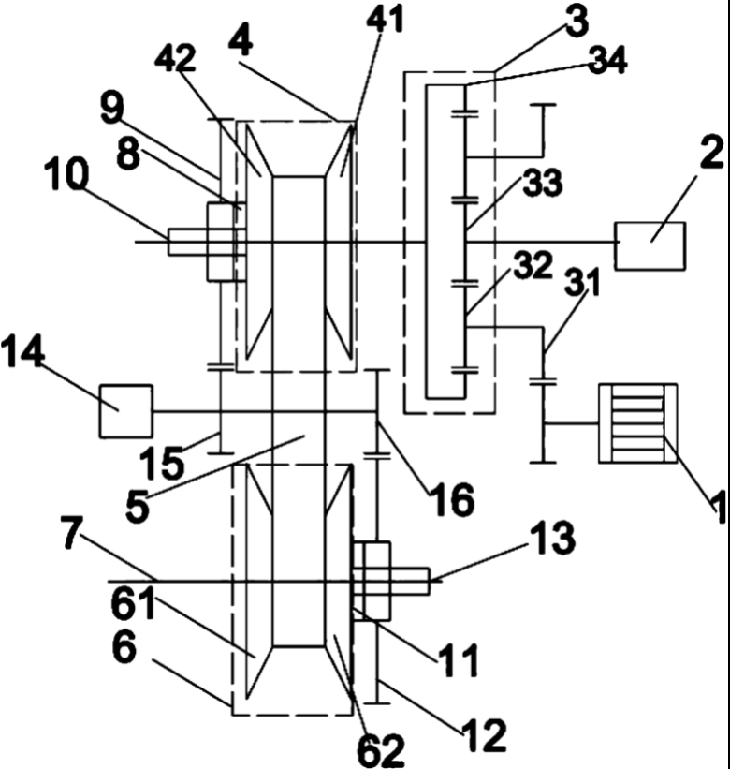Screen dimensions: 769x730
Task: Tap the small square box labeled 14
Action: pyautogui.click(x=125, y=411)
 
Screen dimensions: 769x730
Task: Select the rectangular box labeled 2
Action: pyautogui.click(x=650, y=244)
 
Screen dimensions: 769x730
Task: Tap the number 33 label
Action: pyautogui.click(x=544, y=184)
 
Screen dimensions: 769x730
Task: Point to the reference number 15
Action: pyautogui.click(x=168, y=460)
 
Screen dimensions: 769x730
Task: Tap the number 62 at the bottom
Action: pyautogui.click(x=381, y=748)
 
